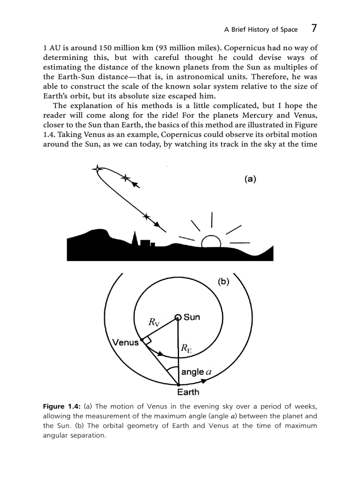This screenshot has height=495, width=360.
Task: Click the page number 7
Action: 314,29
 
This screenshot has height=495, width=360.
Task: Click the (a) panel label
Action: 250,179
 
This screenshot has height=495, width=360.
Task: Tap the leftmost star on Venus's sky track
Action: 96,169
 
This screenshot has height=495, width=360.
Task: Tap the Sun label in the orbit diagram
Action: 192,317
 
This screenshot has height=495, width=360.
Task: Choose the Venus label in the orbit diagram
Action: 125,342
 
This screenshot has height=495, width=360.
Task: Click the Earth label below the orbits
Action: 188,392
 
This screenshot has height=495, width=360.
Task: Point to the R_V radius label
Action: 154,322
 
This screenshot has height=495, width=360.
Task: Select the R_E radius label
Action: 186,349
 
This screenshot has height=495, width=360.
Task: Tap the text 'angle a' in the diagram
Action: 197,372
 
